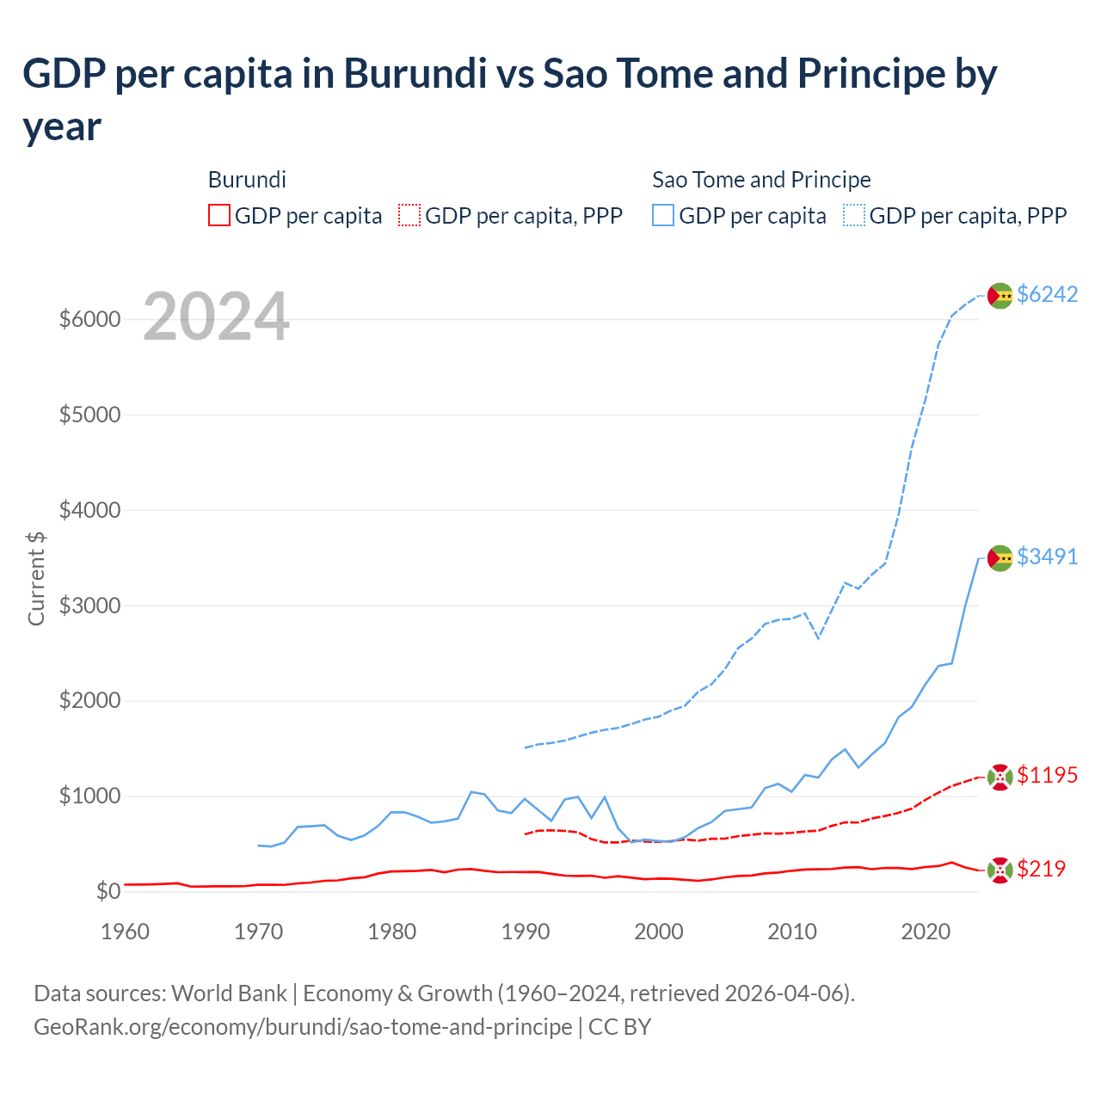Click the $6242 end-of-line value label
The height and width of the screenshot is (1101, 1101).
pos(1047,294)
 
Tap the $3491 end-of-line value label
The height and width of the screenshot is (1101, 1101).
pos(1047,557)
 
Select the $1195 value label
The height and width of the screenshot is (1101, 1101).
pos(1047,775)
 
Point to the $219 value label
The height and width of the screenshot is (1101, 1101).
pos(1041,869)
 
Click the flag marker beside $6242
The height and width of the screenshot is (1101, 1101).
pos(1000,295)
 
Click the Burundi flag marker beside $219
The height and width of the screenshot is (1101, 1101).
pos(1000,870)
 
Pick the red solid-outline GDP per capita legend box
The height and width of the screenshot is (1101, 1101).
pos(219,215)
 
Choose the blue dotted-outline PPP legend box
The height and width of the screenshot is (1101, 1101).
pos(854,215)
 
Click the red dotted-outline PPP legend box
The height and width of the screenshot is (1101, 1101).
pos(410,215)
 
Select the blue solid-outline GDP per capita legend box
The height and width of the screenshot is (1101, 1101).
pos(663,215)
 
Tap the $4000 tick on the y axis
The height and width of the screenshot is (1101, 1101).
pos(89,510)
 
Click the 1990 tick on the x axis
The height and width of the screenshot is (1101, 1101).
pos(525,932)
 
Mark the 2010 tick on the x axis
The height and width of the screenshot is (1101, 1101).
pos(791,932)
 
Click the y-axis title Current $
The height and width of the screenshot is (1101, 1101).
pos(36,579)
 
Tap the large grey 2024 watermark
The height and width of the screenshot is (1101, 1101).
pos(216,317)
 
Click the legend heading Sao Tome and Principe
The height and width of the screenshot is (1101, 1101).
pos(761,180)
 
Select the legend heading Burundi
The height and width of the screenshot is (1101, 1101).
pos(247,180)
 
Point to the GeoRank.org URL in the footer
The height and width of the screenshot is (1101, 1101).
pos(303,1027)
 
